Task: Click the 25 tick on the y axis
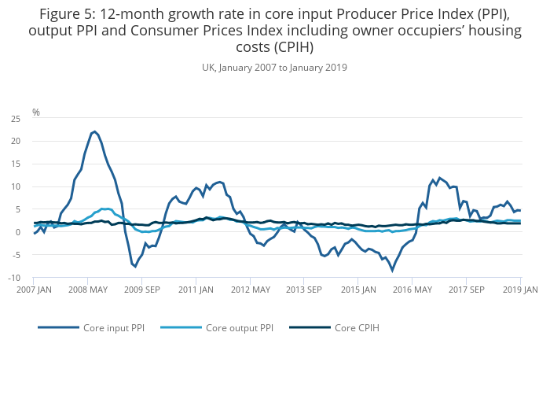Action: [15, 119]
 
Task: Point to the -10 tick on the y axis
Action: [13, 278]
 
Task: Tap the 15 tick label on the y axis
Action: [15, 164]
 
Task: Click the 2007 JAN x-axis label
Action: [33, 290]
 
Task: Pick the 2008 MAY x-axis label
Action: [87, 290]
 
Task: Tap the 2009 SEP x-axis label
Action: [141, 290]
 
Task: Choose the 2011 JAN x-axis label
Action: [196, 290]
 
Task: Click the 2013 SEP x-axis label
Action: [304, 290]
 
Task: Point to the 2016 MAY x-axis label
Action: [412, 290]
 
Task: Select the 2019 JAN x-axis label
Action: [520, 290]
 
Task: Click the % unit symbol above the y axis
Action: [36, 113]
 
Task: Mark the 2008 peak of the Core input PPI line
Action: [94, 131]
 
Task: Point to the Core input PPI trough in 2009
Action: [135, 266]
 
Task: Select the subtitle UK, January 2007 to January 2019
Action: [274, 68]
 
